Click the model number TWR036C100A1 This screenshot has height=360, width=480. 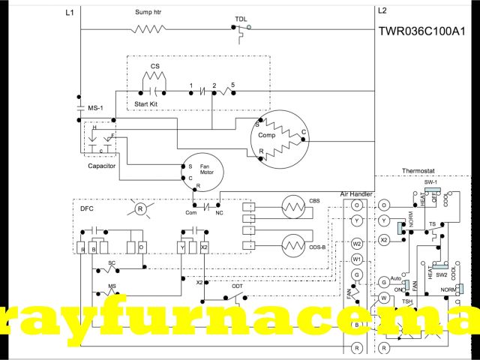(426, 32)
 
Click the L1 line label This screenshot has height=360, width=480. (70, 12)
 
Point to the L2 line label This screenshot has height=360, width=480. (382, 10)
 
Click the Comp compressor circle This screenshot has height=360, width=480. (279, 137)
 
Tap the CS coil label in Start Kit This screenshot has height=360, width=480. (154, 66)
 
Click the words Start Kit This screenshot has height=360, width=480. (145, 103)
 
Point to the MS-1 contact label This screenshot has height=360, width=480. (96, 109)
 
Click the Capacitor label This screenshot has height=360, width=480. (101, 166)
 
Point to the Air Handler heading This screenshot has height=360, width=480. (357, 193)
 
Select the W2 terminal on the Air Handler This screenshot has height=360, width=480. (357, 243)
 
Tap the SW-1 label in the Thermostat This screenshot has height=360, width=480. (430, 182)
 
